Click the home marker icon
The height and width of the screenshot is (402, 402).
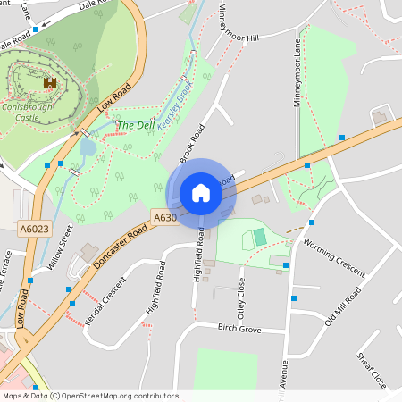click(x=201, y=193)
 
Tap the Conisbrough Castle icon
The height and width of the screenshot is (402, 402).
click(x=50, y=83)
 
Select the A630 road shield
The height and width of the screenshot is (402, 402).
click(x=164, y=217)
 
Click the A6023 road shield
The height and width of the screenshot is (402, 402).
click(x=35, y=230)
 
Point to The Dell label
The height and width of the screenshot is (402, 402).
click(x=136, y=126)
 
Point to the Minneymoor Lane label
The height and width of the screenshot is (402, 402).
click(x=297, y=72)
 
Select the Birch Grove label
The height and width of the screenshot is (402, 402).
click(x=239, y=329)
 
